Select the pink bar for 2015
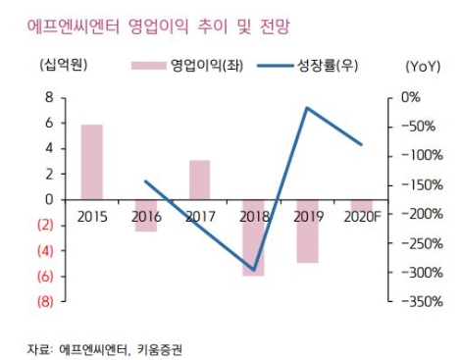pyautogui.click(x=91, y=161)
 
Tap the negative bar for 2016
pyautogui.click(x=145, y=215)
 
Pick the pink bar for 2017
pyautogui.click(x=199, y=179)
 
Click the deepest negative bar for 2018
pyautogui.click(x=253, y=236)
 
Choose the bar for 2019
pyautogui.click(x=307, y=231)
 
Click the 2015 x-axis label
pyautogui.click(x=91, y=215)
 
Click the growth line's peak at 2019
pyautogui.click(x=307, y=108)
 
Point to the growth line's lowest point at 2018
pyautogui.click(x=253, y=270)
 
